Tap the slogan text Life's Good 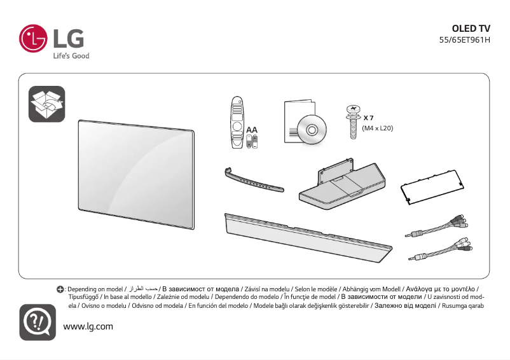coord(71,56)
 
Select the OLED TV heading coord(471,29)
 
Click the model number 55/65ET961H coord(464,40)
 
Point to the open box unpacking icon coord(46,104)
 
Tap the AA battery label coord(252,130)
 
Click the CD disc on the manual coord(312,130)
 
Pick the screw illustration coord(350,120)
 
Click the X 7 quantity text coord(368,118)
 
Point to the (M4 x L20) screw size coord(377,128)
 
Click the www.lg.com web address coord(88,326)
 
